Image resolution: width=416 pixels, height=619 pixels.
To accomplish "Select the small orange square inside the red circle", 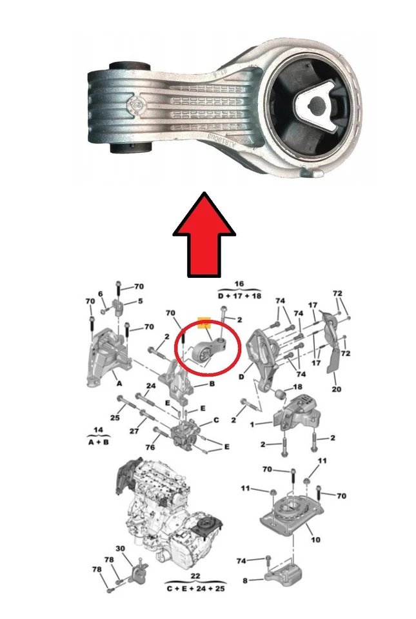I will coord(204,322).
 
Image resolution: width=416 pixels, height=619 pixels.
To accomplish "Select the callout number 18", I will coord(297,387).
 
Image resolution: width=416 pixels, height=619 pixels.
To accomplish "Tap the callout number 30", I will coord(120,547).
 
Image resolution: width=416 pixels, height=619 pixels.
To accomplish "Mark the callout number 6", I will coord(101,294).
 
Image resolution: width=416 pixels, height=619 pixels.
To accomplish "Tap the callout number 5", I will coord(141,300).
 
